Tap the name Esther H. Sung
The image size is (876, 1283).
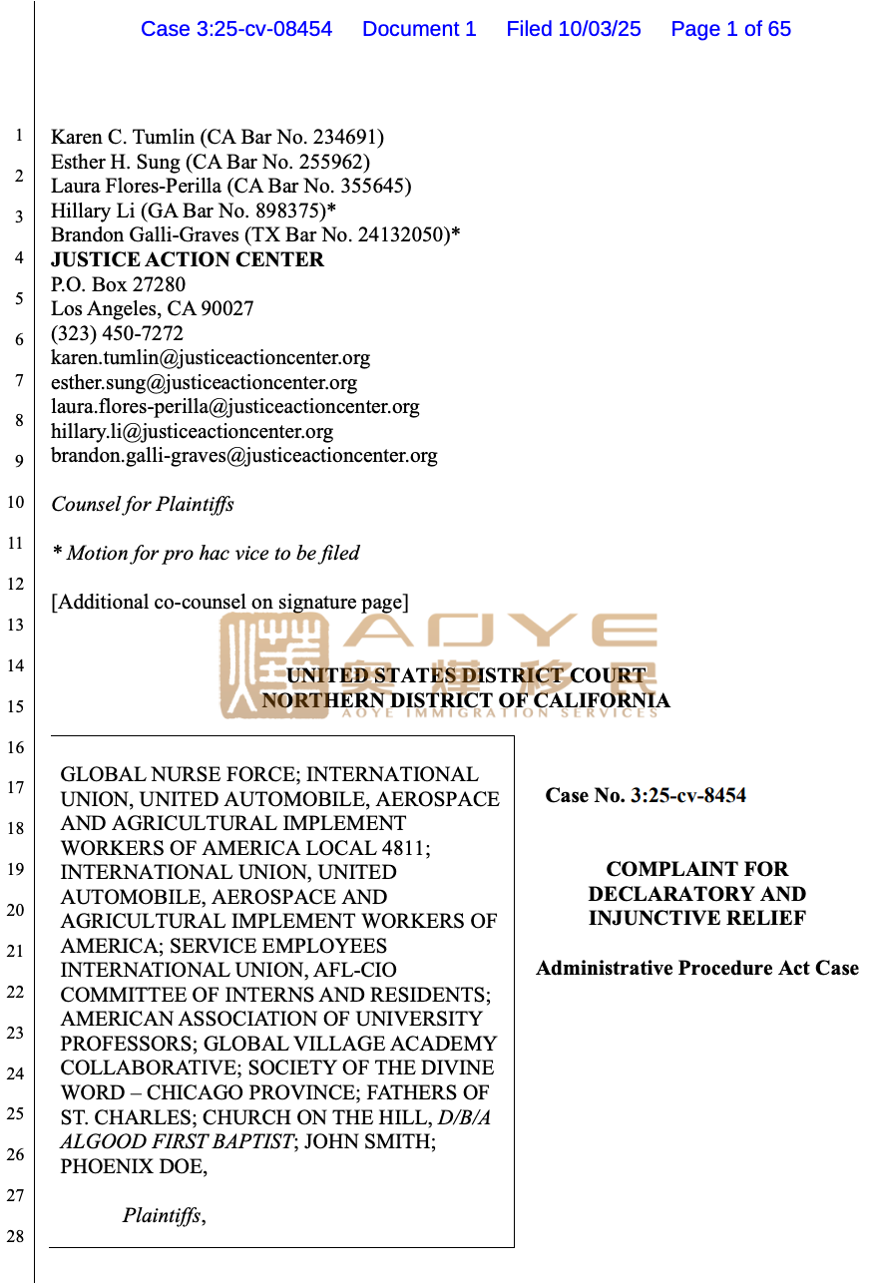(x=116, y=162)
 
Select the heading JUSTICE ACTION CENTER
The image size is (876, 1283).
(x=188, y=259)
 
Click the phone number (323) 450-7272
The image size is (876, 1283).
(x=117, y=333)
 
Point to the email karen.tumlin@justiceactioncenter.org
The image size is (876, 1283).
(x=211, y=357)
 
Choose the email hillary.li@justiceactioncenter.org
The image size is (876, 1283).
(x=192, y=431)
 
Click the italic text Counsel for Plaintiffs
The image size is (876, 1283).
(x=143, y=504)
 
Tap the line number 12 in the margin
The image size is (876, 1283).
(x=15, y=584)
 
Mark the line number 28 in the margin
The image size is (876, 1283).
(x=15, y=1237)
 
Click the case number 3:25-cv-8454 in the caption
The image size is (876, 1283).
(x=688, y=795)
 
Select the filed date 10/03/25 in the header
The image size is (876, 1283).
(x=600, y=29)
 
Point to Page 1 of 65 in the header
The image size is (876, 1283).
(x=730, y=29)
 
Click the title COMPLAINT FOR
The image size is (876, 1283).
(x=696, y=869)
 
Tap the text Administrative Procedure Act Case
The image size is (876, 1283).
(x=696, y=968)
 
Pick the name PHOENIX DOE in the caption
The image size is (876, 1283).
(x=132, y=1165)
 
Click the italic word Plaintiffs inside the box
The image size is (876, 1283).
(x=162, y=1215)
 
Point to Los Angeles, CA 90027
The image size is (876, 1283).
(x=153, y=308)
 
